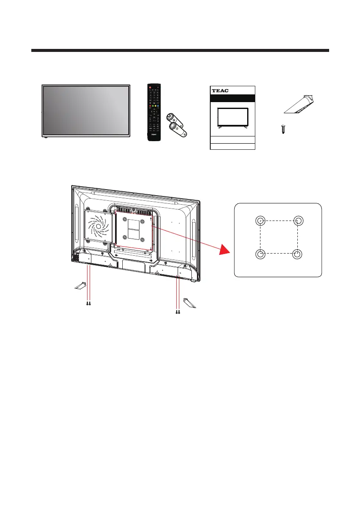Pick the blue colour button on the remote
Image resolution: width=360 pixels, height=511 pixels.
click(x=157, y=106)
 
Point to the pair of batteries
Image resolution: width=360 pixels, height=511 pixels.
click(x=176, y=124)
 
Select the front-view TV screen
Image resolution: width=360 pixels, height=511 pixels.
click(x=86, y=110)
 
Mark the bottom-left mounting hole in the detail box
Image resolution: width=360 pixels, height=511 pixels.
click(x=260, y=254)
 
